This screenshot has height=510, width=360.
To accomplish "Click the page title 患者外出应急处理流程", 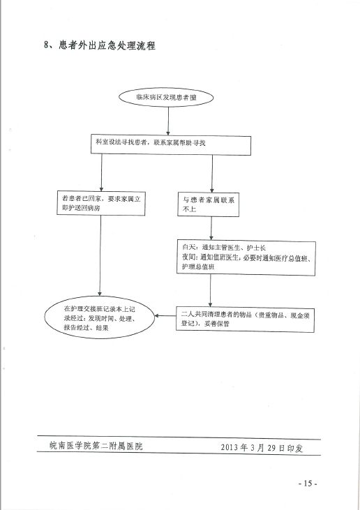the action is point(107,45).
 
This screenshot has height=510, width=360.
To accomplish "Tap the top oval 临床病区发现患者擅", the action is point(166,97).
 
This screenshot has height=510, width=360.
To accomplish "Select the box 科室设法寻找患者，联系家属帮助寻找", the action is point(171,145).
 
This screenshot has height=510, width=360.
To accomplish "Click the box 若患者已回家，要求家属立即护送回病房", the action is point(101,203).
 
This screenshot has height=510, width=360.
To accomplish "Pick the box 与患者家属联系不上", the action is point(208,204).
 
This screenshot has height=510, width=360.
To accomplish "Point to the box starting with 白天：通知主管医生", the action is point(246,257).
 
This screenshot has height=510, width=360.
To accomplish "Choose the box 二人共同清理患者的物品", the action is point(245,319).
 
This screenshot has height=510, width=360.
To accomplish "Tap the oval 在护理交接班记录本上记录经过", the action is point(100,317).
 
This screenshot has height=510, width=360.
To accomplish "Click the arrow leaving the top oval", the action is point(168,121).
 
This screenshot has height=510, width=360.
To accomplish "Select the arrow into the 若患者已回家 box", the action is point(101,172).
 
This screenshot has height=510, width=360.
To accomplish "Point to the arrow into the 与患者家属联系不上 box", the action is point(212,174).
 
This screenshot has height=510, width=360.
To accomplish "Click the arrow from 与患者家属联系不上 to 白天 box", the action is point(211,228).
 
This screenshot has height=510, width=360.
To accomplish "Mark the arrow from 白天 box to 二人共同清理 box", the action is point(211,290).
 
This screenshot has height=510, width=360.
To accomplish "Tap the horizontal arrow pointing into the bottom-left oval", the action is point(165,315).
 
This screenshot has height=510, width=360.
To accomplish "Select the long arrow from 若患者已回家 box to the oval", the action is point(100,255).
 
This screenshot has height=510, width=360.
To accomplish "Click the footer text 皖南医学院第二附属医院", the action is point(96,446).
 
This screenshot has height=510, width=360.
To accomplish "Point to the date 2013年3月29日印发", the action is point(262,448).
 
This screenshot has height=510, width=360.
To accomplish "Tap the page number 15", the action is point(308,483).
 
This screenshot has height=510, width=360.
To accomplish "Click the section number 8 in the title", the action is point(46,45).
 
